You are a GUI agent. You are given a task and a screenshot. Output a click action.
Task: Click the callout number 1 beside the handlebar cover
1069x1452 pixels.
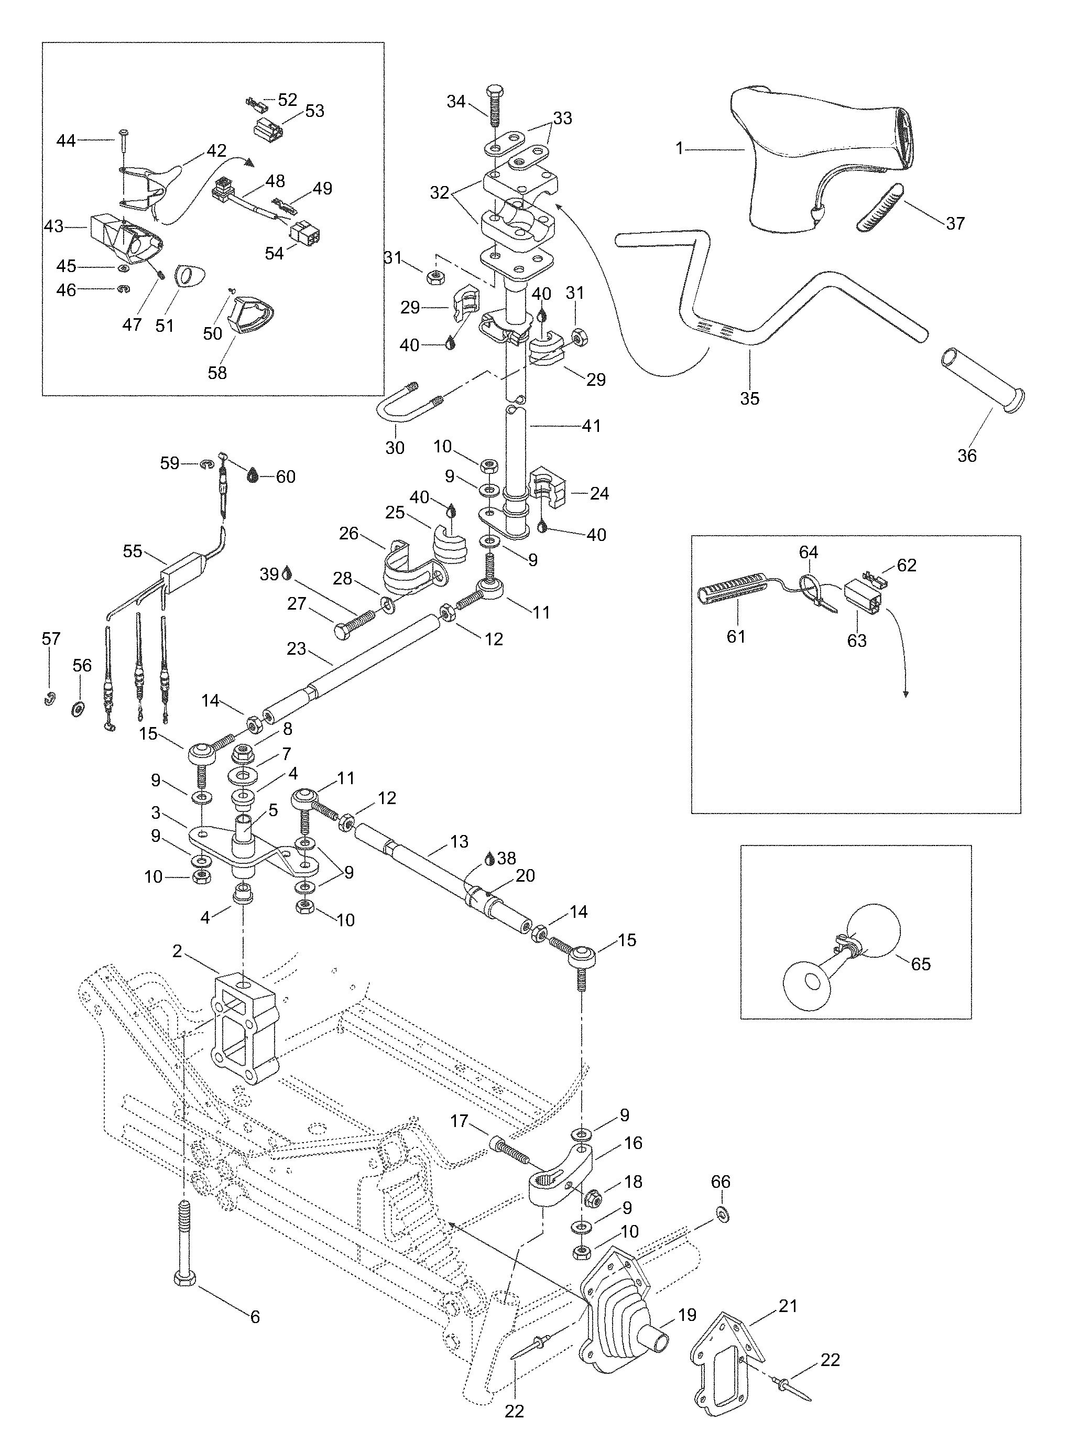pyautogui.click(x=680, y=149)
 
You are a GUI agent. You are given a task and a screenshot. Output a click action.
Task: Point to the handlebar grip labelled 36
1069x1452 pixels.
pyautogui.click(x=983, y=378)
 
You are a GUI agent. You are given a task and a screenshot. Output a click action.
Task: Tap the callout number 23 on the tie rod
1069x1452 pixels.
pyautogui.click(x=297, y=648)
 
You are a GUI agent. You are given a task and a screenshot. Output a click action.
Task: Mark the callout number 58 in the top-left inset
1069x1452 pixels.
pyautogui.click(x=217, y=373)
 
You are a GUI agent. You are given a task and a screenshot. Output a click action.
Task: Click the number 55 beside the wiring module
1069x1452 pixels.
pyautogui.click(x=133, y=550)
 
